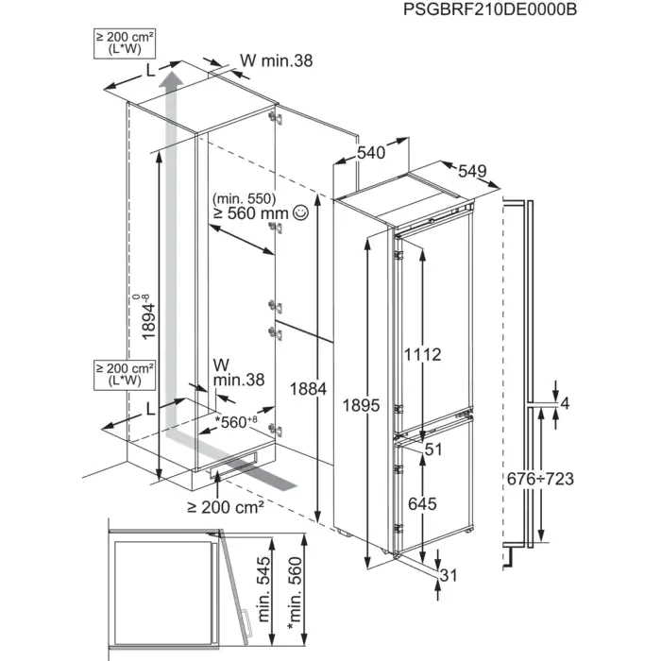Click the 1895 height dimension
[363, 406]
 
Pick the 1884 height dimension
[309, 388]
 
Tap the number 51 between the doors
[432, 450]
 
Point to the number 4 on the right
[566, 404]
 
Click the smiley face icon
[301, 214]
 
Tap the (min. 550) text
[244, 198]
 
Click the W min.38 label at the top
[276, 60]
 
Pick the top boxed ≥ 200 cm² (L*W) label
[125, 42]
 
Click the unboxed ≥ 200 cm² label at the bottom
[225, 507]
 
